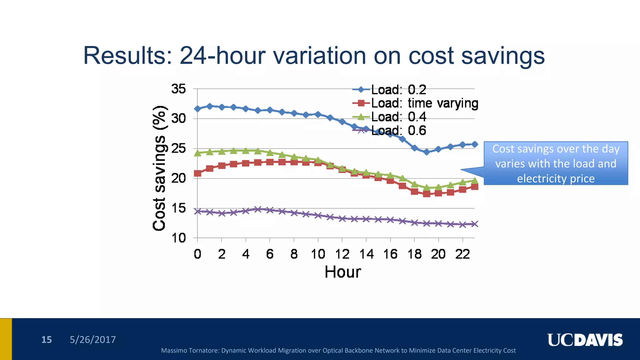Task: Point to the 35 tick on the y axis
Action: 178,89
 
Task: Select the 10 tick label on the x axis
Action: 318,254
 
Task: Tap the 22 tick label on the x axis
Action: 462,254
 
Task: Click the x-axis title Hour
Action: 343,272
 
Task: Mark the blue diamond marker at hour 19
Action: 427,152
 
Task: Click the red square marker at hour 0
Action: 197,173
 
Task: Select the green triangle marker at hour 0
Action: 197,153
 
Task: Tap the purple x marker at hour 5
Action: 258,209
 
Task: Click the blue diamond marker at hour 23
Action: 474,144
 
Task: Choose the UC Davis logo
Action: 585,340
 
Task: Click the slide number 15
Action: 47,340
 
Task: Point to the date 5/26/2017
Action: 92,340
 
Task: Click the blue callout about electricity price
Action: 556,163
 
